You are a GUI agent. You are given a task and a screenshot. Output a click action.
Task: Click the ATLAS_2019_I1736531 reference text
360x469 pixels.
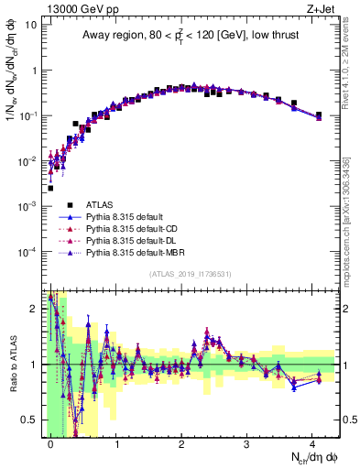(190, 274)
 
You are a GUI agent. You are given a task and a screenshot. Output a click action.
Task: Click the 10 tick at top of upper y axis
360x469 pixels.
(31, 25)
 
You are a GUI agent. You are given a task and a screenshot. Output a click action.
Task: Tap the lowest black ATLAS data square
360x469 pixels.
(50, 188)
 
